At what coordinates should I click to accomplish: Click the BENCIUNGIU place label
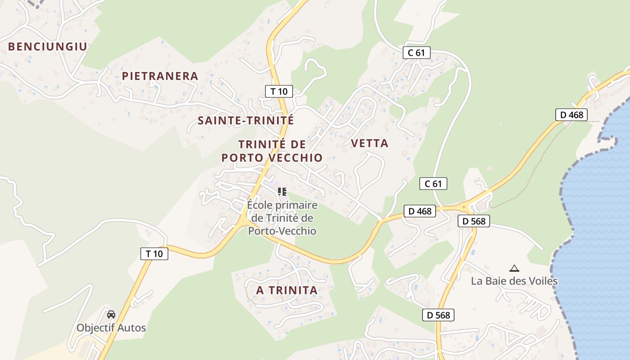tap(47, 46)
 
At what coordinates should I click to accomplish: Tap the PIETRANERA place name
tap(160, 76)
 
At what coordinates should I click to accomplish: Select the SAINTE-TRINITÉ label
tap(246, 121)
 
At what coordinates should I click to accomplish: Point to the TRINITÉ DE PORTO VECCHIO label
tap(272, 151)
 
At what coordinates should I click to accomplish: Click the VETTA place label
tap(369, 144)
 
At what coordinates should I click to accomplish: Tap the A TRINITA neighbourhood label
tap(287, 290)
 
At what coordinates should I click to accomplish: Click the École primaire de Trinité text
tap(282, 218)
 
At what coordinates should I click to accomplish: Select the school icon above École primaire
tap(282, 192)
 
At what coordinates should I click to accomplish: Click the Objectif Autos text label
tap(111, 328)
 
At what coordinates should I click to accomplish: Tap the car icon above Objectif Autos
tap(111, 314)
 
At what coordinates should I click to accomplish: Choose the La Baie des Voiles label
tap(514, 281)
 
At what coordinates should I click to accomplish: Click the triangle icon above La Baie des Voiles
tap(514, 269)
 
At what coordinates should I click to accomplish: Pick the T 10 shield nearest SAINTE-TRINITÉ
tap(279, 91)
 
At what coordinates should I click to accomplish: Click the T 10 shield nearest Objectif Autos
tap(154, 254)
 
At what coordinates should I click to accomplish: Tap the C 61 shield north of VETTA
tap(416, 53)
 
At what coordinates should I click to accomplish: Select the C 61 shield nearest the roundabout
tap(433, 184)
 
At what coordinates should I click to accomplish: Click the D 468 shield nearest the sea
tap(571, 115)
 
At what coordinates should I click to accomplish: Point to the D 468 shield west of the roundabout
tap(419, 211)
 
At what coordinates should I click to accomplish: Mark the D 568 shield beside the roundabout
tap(473, 221)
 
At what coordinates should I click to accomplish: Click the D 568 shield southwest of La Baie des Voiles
tap(438, 315)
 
